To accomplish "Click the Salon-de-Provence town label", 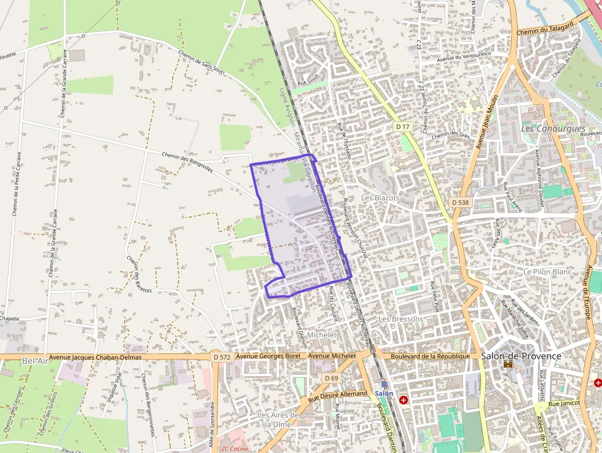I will (x=521, y=356).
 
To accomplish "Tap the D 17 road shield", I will (x=402, y=127).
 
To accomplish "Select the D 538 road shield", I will (x=459, y=202).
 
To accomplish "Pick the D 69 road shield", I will (x=331, y=377).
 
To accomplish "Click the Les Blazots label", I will (x=380, y=198).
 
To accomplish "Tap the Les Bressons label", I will (x=401, y=319).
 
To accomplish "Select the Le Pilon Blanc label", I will (x=547, y=271).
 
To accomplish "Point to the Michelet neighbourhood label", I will (x=322, y=335).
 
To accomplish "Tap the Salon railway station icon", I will (x=385, y=384).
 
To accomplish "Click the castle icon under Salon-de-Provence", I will (x=508, y=364).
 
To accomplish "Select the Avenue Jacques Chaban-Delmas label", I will (x=95, y=357).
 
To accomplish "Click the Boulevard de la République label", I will (x=430, y=356).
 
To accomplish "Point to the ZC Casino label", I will (x=235, y=449).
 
